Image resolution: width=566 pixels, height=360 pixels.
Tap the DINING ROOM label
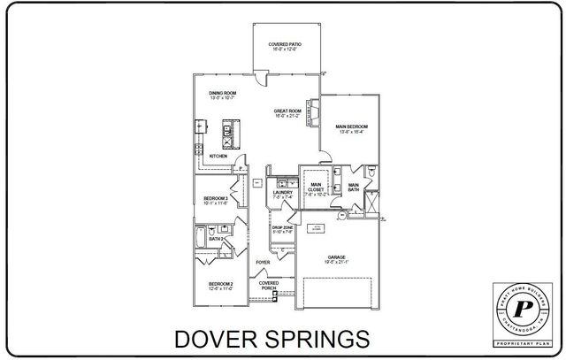222,94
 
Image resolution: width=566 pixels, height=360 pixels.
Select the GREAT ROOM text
288,112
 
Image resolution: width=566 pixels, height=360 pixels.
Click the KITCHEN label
218,156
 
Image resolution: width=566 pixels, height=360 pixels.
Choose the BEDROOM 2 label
221,285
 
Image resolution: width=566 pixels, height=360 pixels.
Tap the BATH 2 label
215,239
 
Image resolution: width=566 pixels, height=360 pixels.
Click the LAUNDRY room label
283,194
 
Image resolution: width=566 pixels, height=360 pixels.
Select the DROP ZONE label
282,229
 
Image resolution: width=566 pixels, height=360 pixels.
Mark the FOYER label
263,263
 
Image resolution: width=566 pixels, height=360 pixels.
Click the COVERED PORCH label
269,286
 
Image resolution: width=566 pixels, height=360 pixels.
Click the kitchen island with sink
226,134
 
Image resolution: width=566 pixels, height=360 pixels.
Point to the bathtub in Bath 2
203,239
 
